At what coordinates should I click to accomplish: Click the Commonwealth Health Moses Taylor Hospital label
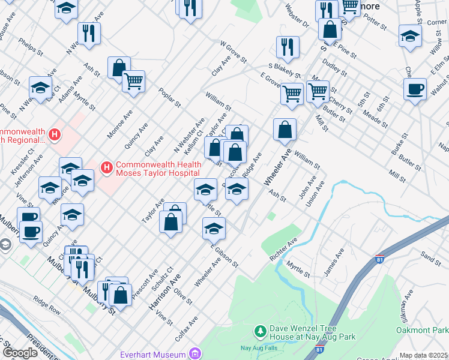pos(157,169)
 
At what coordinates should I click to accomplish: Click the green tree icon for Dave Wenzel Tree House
pos(260,331)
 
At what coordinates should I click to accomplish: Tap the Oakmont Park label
pos(422,330)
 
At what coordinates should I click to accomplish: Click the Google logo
pos(20,353)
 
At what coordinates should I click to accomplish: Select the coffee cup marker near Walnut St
pos(414,89)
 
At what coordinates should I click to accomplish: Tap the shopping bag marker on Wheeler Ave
pos(285,128)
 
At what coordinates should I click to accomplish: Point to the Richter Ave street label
pos(283,250)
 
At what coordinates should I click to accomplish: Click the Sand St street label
pos(430,257)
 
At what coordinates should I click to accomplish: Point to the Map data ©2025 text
pos(423,355)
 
